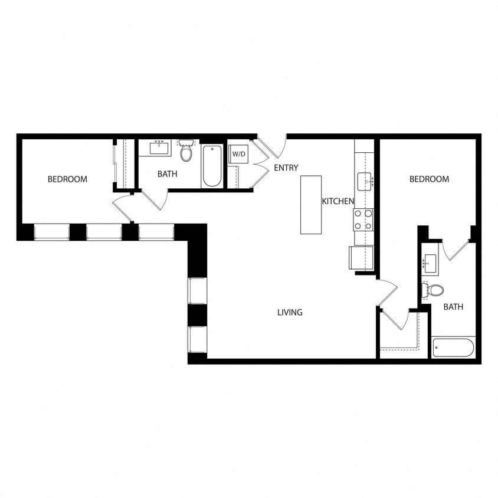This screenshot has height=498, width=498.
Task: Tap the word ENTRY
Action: pyautogui.click(x=286, y=168)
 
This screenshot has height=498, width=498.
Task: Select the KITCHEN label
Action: pyautogui.click(x=338, y=201)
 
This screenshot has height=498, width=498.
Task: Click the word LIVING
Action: pyautogui.click(x=290, y=312)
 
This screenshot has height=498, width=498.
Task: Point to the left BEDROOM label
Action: pyautogui.click(x=67, y=179)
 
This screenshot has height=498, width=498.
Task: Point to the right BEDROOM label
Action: pyautogui.click(x=429, y=179)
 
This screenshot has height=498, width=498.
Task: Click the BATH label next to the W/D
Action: pyautogui.click(x=168, y=174)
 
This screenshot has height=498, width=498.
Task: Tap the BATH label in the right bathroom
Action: pyautogui.click(x=453, y=307)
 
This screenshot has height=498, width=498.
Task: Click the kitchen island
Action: pyautogui.click(x=311, y=205)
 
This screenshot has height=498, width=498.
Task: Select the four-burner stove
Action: pyautogui.click(x=363, y=219)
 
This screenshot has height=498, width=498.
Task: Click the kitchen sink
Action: pyautogui.click(x=364, y=181)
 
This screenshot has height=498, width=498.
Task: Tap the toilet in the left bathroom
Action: pyautogui.click(x=186, y=152)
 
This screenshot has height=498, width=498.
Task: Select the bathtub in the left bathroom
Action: pyautogui.click(x=211, y=166)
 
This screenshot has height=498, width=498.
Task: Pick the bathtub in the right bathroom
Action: pyautogui.click(x=453, y=348)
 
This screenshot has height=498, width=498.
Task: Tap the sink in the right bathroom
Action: pyautogui.click(x=430, y=263)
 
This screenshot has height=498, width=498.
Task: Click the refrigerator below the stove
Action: pyautogui.click(x=361, y=257)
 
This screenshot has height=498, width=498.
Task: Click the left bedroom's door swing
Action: pyautogui.click(x=123, y=209)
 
